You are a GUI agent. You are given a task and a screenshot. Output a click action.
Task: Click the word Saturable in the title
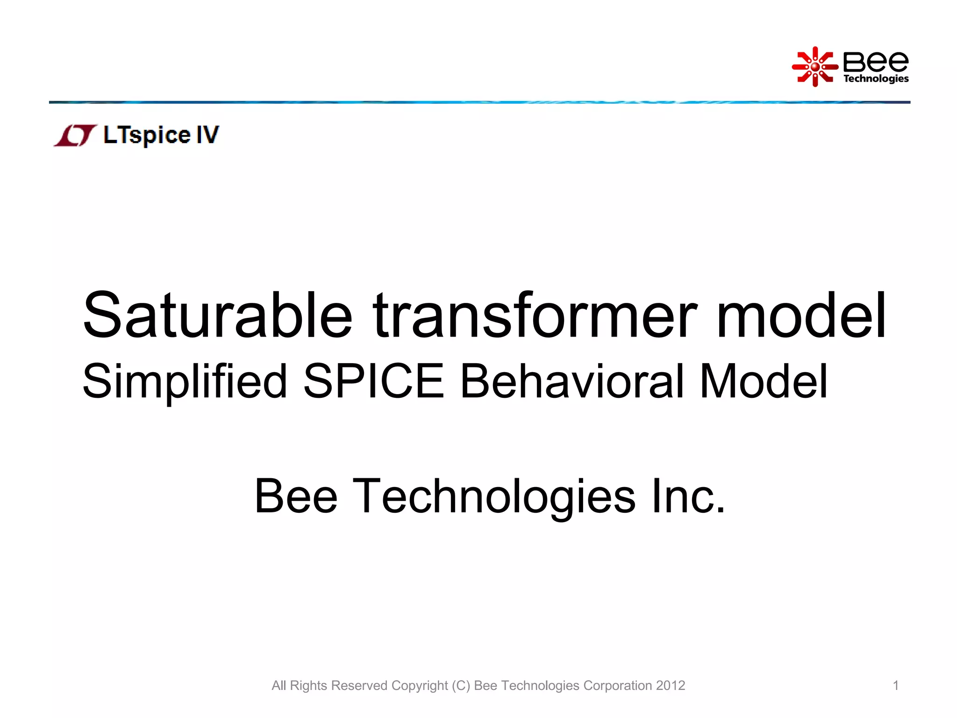(217, 316)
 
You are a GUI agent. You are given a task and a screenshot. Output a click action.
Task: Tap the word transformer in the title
(535, 316)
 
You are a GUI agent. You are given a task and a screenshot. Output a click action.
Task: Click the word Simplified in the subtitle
(185, 382)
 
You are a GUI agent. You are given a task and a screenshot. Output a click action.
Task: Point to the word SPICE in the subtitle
(373, 381)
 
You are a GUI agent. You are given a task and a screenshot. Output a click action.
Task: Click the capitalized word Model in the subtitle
(764, 381)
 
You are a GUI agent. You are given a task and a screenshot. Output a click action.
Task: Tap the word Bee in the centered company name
(296, 496)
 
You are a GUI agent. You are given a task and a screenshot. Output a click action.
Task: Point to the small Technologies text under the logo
(876, 79)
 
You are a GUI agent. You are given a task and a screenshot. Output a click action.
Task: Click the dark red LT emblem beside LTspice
(76, 136)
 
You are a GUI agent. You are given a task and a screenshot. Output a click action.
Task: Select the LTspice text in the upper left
(147, 135)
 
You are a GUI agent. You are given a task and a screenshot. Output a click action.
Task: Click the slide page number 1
(896, 685)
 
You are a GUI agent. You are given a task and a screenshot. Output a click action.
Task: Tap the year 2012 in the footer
(670, 685)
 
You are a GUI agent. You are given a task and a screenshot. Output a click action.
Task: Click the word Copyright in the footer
(420, 686)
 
